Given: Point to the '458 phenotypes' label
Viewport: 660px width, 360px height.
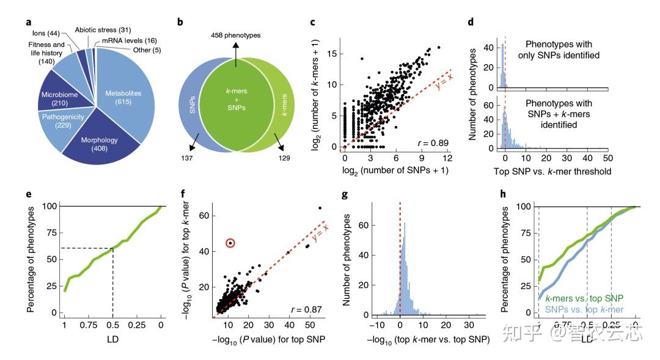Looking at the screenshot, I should pyautogui.click(x=235, y=35).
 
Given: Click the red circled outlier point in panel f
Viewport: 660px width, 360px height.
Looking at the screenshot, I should pyautogui.click(x=230, y=243).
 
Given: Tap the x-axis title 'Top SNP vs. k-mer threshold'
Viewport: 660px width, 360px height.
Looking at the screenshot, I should pyautogui.click(x=553, y=172).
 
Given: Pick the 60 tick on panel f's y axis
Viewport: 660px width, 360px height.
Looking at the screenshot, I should pyautogui.click(x=204, y=216).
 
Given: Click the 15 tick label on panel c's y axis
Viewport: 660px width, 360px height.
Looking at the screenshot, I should pyautogui.click(x=332, y=54).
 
